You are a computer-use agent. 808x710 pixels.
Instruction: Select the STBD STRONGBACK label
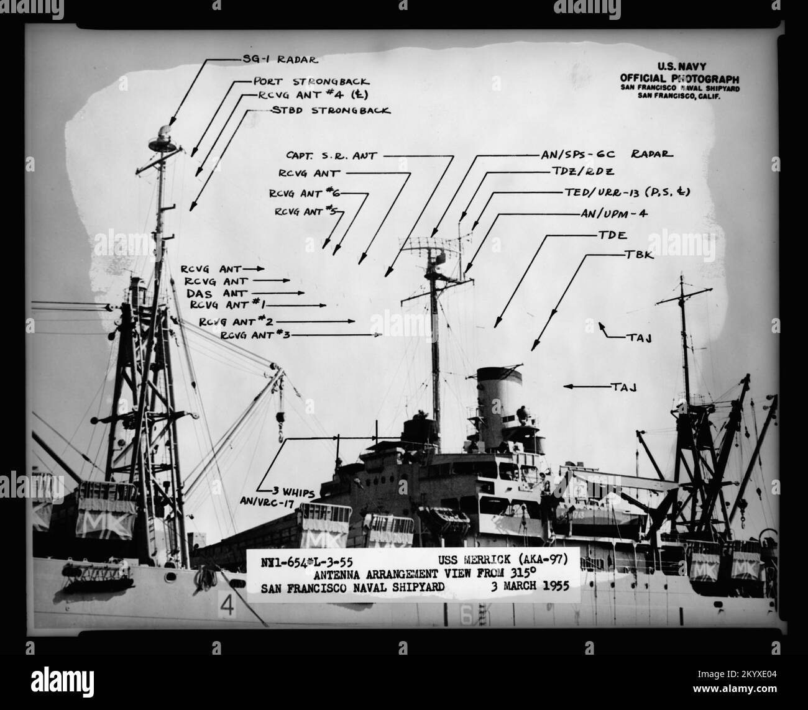tap(331, 111)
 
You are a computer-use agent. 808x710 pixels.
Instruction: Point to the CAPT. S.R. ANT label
tap(331, 156)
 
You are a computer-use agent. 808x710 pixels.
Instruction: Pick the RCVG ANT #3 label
tap(255, 335)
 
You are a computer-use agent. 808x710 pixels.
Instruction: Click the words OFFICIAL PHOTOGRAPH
tap(679, 78)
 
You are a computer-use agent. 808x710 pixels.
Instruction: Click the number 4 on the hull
tap(228, 606)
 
